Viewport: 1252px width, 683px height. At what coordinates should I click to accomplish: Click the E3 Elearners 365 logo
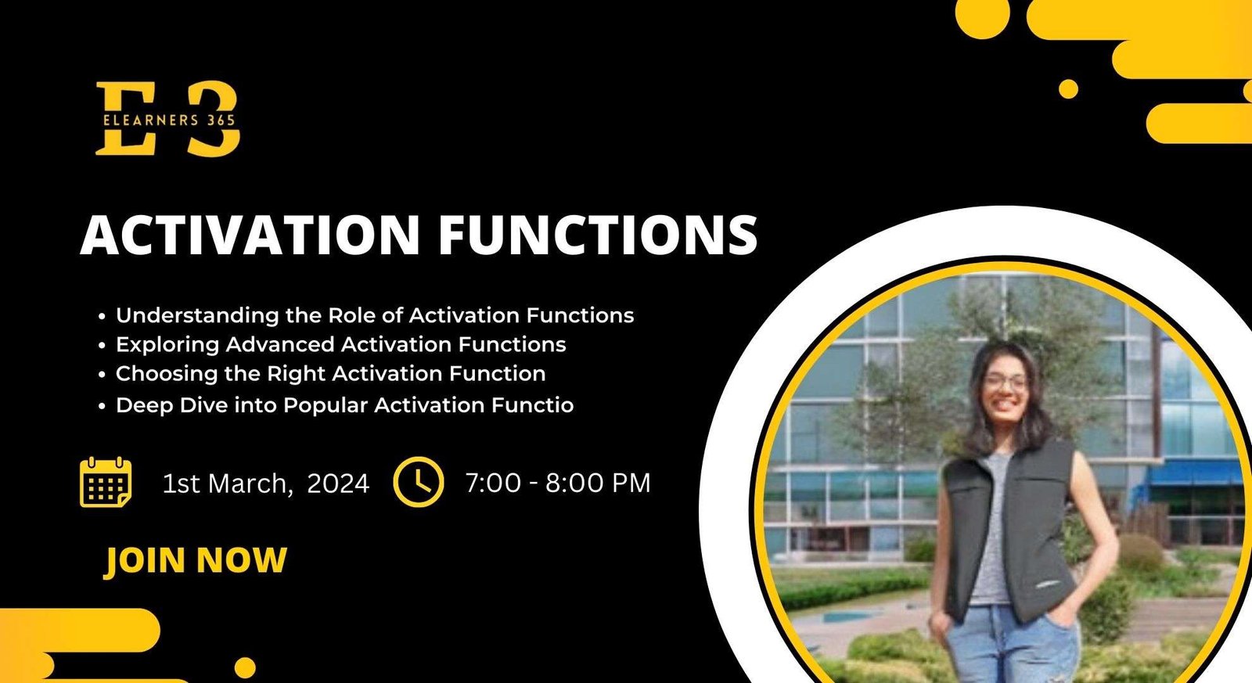click(x=167, y=119)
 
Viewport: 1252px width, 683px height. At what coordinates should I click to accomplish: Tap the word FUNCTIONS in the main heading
click(x=598, y=234)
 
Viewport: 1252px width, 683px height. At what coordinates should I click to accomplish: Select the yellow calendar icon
click(x=106, y=482)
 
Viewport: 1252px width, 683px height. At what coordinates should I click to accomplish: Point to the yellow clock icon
click(x=419, y=482)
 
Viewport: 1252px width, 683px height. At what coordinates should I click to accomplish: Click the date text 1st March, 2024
click(x=265, y=483)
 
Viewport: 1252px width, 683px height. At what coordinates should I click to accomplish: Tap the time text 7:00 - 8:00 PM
click(x=558, y=483)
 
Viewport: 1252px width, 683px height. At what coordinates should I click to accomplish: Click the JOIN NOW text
click(x=196, y=560)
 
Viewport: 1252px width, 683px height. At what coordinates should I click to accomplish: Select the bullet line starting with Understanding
click(x=374, y=315)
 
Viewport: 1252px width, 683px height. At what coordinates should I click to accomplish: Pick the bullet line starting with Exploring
click(x=340, y=344)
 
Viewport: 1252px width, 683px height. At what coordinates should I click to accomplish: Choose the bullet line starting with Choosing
click(x=330, y=374)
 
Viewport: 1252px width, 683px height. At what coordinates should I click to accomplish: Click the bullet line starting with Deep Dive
click(x=344, y=405)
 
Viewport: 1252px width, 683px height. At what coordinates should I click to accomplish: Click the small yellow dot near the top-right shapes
click(x=1068, y=89)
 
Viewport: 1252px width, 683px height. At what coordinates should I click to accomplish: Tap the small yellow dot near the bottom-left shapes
click(x=245, y=667)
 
